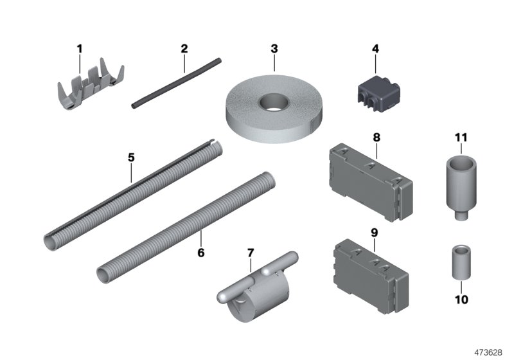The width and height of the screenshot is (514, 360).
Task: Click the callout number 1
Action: click(80, 48)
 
